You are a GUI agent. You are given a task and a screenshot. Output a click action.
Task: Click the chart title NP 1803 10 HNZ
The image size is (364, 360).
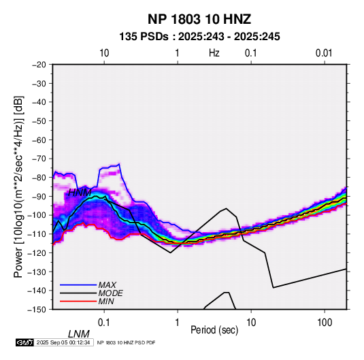(199, 19)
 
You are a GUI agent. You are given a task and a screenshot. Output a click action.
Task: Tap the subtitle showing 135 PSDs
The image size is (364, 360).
(199, 37)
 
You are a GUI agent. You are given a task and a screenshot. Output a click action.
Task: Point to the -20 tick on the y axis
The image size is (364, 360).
(39, 65)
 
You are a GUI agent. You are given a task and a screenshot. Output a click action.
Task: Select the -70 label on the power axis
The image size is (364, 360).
(39, 159)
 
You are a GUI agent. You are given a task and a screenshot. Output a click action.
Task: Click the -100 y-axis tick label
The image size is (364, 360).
(37, 215)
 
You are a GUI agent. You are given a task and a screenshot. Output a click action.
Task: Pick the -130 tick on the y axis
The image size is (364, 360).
(37, 272)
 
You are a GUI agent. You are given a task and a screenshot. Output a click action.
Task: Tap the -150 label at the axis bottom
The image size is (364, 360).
(37, 310)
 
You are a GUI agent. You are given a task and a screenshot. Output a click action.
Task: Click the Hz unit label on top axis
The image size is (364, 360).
(214, 53)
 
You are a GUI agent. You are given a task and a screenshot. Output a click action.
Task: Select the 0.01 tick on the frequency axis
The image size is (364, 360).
(324, 53)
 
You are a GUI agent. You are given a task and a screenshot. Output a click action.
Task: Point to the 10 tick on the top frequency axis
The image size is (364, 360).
(104, 53)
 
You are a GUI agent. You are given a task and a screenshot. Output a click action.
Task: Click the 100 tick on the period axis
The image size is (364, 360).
(325, 323)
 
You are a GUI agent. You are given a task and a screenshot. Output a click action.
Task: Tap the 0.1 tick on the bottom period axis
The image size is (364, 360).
(104, 323)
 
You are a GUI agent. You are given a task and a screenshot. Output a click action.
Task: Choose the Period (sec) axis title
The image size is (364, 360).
(214, 330)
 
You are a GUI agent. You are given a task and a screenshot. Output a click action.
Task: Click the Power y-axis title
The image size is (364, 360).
(18, 186)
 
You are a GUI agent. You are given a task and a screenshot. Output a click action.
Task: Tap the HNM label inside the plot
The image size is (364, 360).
(80, 193)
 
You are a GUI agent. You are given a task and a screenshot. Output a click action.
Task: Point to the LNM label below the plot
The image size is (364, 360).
(79, 334)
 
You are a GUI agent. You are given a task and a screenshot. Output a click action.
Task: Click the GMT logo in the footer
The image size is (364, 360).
(24, 342)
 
